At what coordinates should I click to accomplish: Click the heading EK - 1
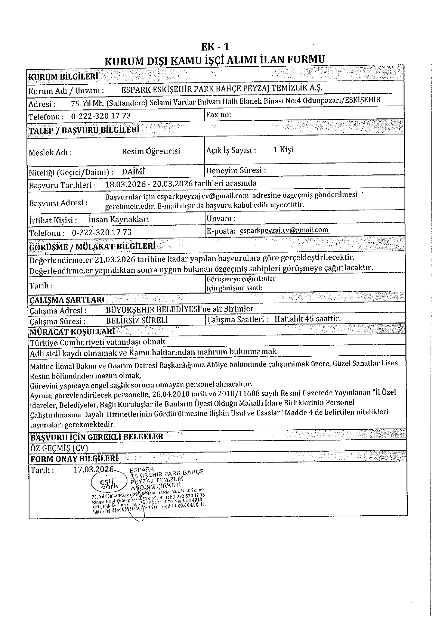click(x=215, y=47)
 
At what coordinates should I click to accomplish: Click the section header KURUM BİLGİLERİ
click(x=63, y=77)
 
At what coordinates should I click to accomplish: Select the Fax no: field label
click(x=219, y=115)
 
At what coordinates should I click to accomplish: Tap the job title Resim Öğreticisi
click(x=151, y=151)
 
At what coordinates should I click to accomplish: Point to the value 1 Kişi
click(x=283, y=149)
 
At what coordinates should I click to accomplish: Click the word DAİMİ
click(x=133, y=172)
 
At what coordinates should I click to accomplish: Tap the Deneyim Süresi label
click(x=236, y=170)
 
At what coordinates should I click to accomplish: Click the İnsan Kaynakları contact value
click(x=118, y=220)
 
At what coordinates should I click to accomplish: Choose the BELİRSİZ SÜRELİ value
click(x=137, y=321)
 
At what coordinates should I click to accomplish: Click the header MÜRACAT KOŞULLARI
click(x=72, y=332)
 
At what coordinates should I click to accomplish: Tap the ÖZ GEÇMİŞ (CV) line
click(x=59, y=448)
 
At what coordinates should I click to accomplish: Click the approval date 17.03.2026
click(x=94, y=469)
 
